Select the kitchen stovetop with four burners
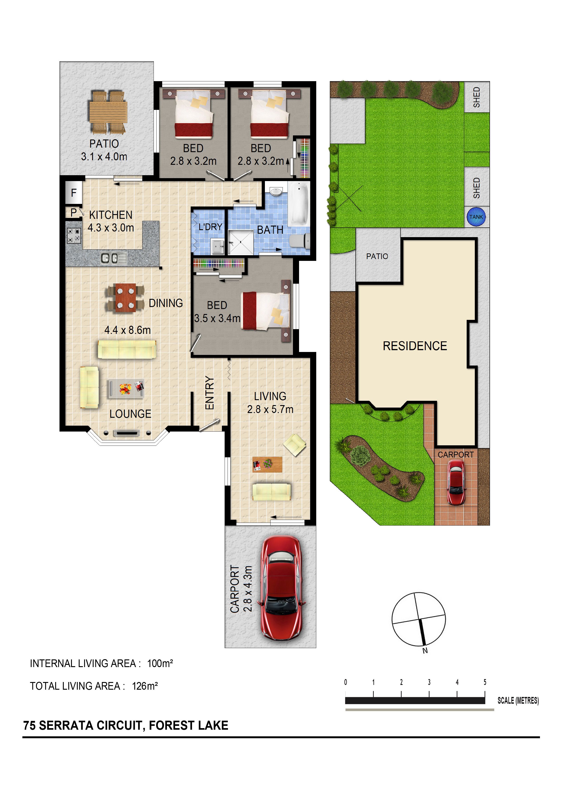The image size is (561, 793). pyautogui.click(x=74, y=236)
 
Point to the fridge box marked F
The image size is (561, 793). pyautogui.click(x=74, y=192)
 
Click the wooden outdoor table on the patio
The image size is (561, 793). pyautogui.click(x=108, y=112)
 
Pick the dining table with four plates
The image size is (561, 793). pyautogui.click(x=125, y=298)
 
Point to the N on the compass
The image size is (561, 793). pyautogui.click(x=425, y=651)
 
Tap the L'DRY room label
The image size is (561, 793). pyautogui.click(x=210, y=227)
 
